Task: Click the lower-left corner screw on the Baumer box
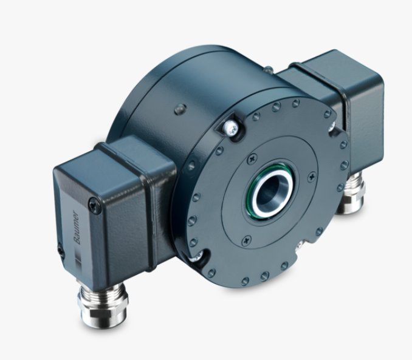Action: click(x=61, y=248)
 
